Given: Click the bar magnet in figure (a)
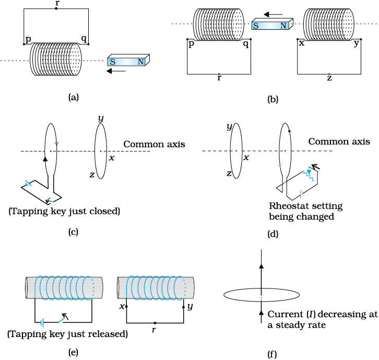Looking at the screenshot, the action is [x=128, y=60].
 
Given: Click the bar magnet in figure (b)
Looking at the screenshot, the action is [x=273, y=23].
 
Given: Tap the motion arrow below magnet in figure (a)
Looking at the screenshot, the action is [x=116, y=71].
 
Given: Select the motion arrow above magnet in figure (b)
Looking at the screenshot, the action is [x=273, y=15].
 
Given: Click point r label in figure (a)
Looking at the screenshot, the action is [x=57, y=4].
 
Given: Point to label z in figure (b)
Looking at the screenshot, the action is [x=329, y=78].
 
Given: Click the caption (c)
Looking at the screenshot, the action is [x=73, y=232].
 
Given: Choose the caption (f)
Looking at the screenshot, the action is [x=272, y=354].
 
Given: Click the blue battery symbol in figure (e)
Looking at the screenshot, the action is [x=42, y=322].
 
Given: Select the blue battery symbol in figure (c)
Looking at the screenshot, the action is [x=29, y=183].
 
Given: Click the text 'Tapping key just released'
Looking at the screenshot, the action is [x=67, y=334].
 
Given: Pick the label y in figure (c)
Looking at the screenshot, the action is [x=101, y=118].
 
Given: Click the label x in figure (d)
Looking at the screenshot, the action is [x=246, y=158].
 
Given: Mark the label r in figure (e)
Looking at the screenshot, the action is [x=154, y=330].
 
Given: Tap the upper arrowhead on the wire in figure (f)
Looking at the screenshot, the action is [x=262, y=266].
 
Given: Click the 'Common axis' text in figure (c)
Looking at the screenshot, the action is [x=154, y=144].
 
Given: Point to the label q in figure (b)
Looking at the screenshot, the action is [x=246, y=44].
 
